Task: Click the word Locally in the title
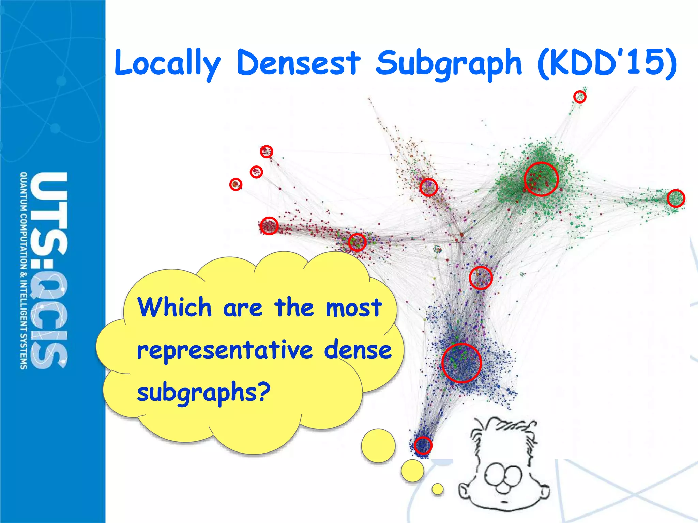tap(167, 63)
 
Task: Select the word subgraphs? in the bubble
tap(203, 393)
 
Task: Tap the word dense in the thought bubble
tap(358, 350)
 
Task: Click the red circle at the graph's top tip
tap(580, 97)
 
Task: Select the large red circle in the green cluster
tap(541, 179)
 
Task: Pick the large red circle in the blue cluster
tap(461, 363)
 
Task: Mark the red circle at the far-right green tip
tap(676, 199)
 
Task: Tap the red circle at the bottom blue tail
tap(423, 445)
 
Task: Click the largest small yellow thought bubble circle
tap(378, 446)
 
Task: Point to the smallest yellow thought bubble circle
tap(437, 489)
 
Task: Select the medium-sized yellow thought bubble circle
tap(412, 471)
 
